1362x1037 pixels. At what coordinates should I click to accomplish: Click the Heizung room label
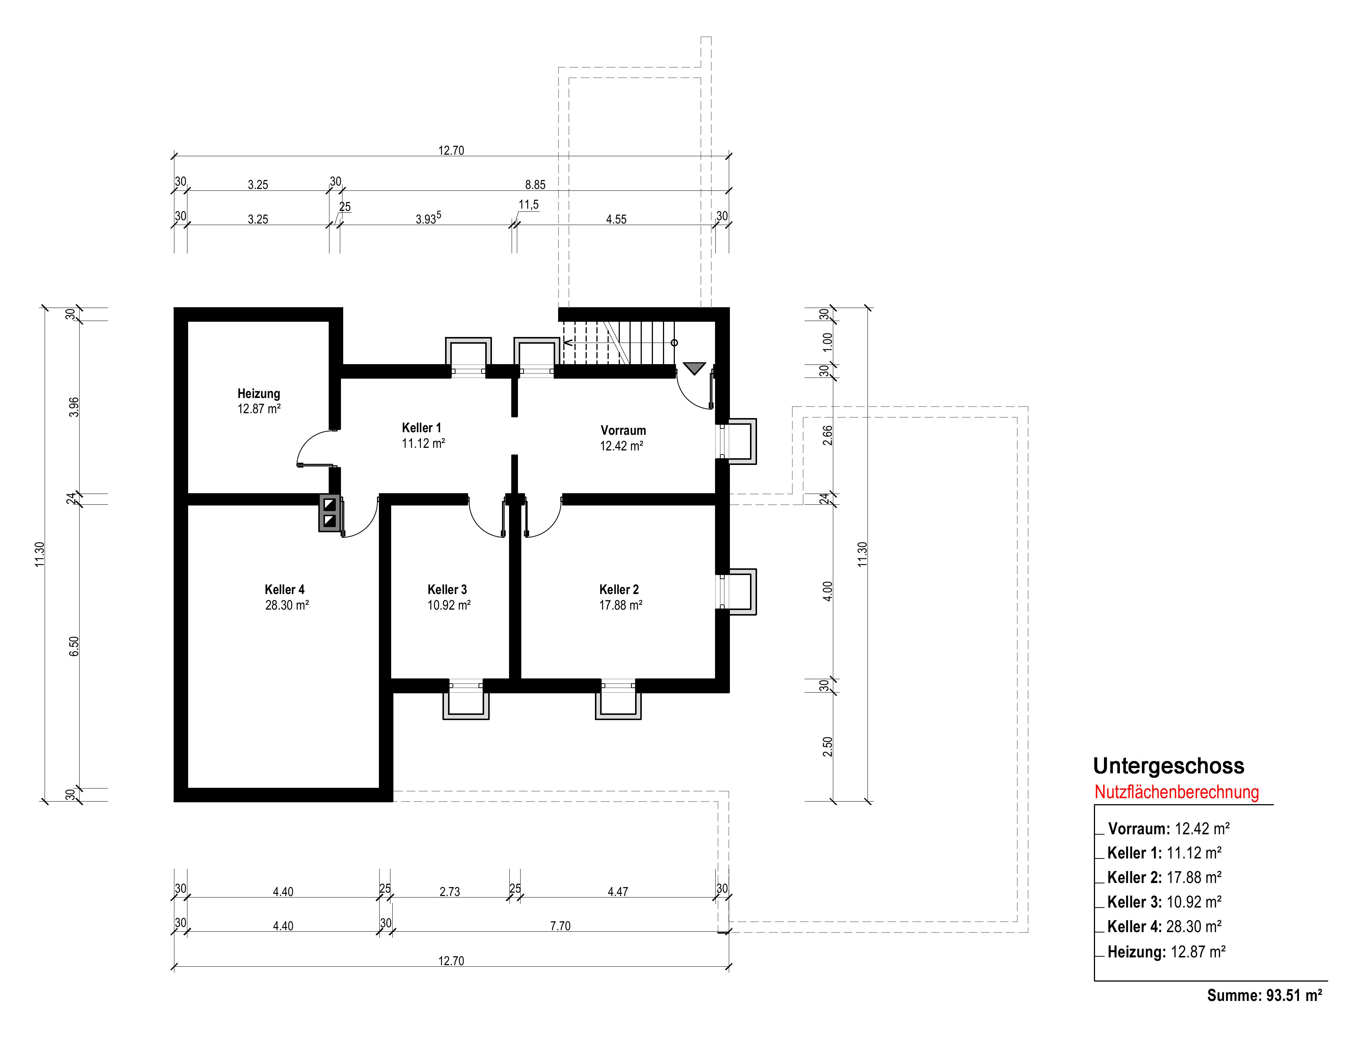coord(258,394)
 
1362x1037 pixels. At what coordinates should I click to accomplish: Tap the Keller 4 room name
coord(284,590)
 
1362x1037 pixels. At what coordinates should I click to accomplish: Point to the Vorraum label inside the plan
coord(623,430)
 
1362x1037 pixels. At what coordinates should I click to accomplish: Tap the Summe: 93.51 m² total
coord(1265,996)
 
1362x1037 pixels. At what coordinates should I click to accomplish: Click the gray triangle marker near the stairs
coord(694,369)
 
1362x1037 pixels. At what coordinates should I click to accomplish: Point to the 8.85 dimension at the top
coord(535,184)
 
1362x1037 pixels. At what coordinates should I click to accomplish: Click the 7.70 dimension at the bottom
coord(560,926)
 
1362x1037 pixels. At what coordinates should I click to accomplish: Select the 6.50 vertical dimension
coord(74,646)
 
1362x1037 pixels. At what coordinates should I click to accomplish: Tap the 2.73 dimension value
coord(450,891)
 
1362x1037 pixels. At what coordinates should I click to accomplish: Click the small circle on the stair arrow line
coord(674,343)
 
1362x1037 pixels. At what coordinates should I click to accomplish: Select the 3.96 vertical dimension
coord(74,407)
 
